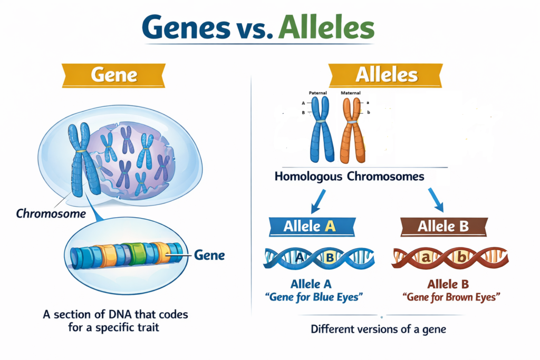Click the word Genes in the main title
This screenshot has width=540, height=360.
(188, 28)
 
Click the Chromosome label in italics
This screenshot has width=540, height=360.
(51, 214)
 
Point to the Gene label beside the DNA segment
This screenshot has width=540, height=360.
(210, 256)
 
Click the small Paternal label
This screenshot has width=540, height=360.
(318, 93)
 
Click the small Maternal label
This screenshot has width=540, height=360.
(351, 93)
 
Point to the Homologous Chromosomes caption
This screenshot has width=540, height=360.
(349, 177)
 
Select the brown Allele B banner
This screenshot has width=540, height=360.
(443, 226)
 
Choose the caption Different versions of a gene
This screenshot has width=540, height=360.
(378, 330)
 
